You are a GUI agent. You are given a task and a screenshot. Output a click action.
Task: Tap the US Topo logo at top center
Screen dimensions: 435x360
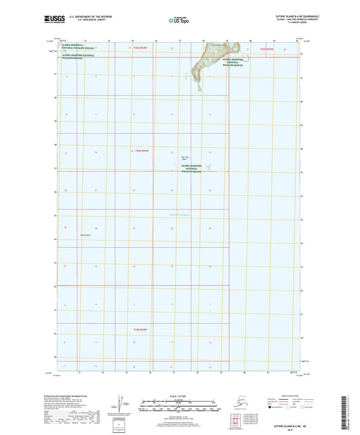click(x=178, y=21)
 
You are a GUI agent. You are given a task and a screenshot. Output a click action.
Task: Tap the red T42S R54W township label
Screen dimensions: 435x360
click(x=140, y=49)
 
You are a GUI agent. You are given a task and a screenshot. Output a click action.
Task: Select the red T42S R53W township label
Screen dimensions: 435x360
click(x=269, y=49)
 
